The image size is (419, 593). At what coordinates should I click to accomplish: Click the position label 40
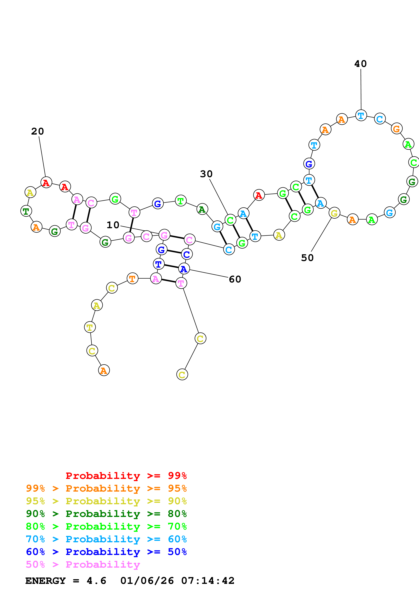360,64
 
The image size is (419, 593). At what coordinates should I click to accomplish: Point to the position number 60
235,279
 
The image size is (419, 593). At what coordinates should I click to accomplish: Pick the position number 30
206,174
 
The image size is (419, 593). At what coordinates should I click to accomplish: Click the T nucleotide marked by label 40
361,115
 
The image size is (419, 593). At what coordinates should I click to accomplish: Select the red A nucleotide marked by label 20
46,182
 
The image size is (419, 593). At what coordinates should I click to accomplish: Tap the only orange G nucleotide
397,128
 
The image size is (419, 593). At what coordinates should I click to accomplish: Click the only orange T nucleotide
133,278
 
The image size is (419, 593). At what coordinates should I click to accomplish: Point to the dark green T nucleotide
26,211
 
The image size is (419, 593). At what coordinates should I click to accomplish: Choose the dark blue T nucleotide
159,264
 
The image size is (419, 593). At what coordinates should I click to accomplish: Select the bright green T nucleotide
181,201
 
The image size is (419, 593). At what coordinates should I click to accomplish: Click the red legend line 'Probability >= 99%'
126,476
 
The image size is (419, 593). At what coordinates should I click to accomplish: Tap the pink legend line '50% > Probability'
83,564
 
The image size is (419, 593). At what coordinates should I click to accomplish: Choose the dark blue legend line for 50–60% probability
106,552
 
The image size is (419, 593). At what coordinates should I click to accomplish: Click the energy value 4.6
96,581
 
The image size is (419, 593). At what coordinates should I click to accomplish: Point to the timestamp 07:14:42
208,581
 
